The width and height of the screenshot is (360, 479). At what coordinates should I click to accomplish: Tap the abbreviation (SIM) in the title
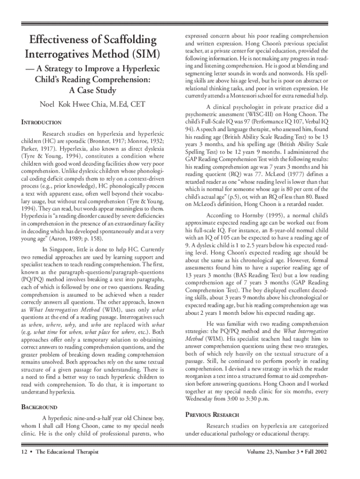(143, 54)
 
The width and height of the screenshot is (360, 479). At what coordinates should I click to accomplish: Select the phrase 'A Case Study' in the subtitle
(92, 90)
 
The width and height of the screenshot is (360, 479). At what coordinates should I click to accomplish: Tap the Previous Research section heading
(212, 415)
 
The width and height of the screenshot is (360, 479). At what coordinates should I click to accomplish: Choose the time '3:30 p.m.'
(262, 399)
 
